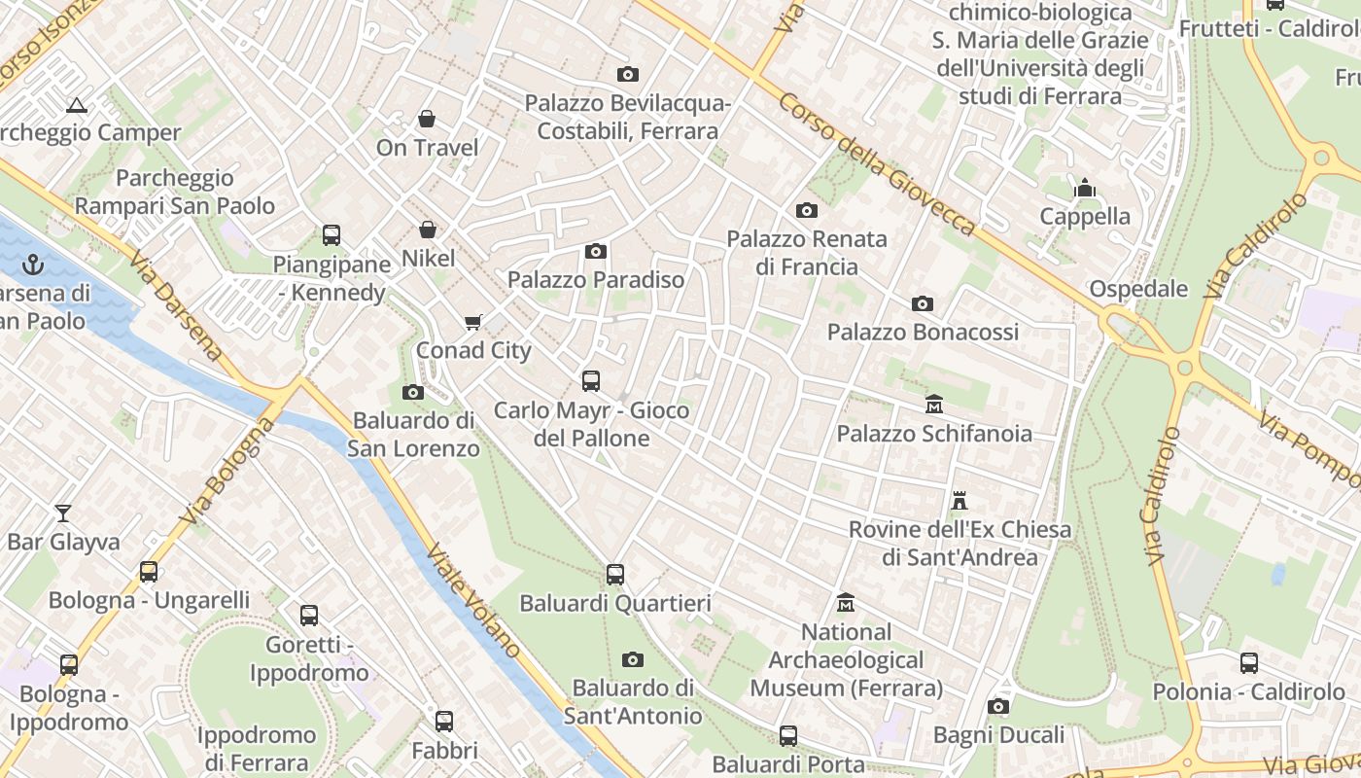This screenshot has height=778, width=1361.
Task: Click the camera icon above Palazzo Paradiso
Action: click(x=596, y=252)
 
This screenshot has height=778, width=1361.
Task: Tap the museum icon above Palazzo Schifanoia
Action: click(x=934, y=404)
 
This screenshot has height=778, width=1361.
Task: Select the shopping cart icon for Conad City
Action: click(x=473, y=322)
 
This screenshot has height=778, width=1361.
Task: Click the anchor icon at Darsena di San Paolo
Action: click(x=34, y=264)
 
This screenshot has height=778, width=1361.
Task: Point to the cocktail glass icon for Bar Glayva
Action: click(x=63, y=513)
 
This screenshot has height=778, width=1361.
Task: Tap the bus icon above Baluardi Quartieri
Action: click(x=615, y=575)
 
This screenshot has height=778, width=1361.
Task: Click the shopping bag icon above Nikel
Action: click(x=427, y=230)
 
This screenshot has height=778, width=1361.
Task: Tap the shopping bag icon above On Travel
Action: click(x=426, y=119)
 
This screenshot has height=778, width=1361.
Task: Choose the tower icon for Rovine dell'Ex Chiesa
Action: click(x=960, y=501)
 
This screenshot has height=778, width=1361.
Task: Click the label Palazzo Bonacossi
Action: click(x=923, y=332)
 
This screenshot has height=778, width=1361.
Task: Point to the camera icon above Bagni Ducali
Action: click(x=997, y=707)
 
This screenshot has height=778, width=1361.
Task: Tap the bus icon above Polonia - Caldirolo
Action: click(x=1249, y=663)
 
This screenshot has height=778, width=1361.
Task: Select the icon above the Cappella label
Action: click(x=1085, y=188)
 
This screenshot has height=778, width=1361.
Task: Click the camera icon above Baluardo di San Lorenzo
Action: click(x=413, y=392)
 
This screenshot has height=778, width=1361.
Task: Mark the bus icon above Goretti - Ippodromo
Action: click(x=309, y=616)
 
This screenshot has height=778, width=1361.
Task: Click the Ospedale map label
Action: click(x=1138, y=289)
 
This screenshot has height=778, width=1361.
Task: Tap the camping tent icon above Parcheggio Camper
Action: click(x=77, y=105)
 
